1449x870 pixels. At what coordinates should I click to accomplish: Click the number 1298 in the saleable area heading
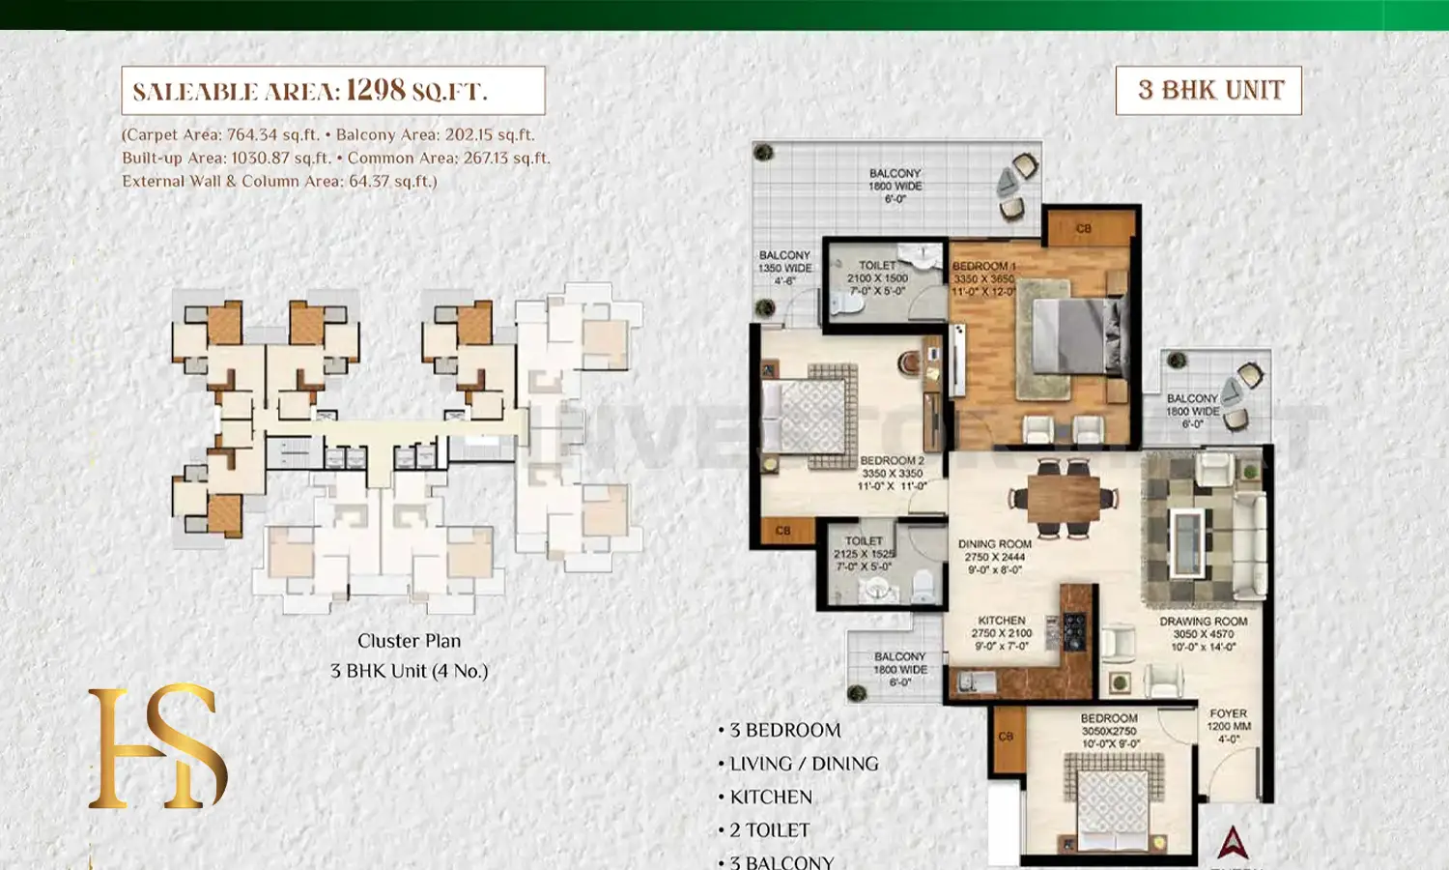pyautogui.click(x=376, y=90)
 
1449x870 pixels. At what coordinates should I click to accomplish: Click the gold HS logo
pyautogui.click(x=157, y=746)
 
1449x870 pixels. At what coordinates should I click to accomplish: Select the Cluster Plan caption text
pyautogui.click(x=409, y=641)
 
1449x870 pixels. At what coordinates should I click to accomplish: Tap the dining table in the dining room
pyautogui.click(x=1063, y=499)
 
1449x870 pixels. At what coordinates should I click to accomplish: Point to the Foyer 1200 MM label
pyautogui.click(x=1228, y=726)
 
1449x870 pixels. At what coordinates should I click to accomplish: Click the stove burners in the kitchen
pyautogui.click(x=1074, y=629)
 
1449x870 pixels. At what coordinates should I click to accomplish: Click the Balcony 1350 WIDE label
pyautogui.click(x=784, y=268)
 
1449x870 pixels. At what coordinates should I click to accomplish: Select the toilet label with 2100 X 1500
pyautogui.click(x=877, y=277)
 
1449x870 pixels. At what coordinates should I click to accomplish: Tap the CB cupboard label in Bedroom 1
pyautogui.click(x=1084, y=229)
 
